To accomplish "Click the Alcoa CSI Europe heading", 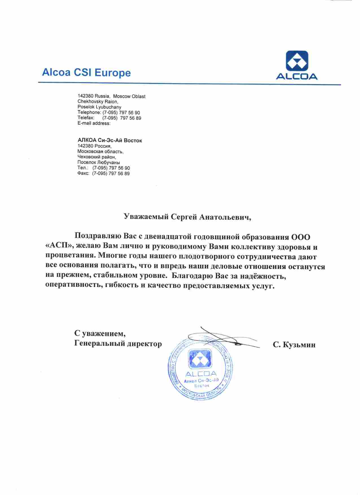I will (x=86, y=73).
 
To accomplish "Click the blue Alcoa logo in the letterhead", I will (x=296, y=65).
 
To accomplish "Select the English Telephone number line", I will (x=109, y=112).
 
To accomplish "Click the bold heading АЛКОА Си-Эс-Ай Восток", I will (x=110, y=140).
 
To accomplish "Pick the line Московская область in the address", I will (x=101, y=151).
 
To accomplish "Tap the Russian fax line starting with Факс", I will (x=103, y=173).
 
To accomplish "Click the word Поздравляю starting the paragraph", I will (x=98, y=236).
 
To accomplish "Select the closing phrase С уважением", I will (x=100, y=333).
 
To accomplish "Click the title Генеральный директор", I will (x=118, y=344).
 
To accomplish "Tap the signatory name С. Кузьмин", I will (x=294, y=345).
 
